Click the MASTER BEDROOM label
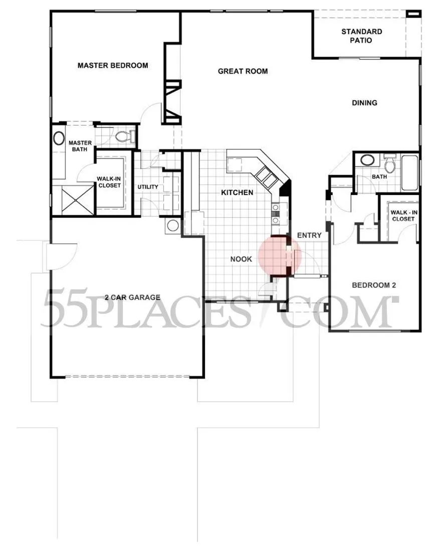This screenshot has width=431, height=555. point(113,66)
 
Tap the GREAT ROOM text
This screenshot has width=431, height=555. point(243,71)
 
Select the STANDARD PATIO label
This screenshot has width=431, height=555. point(362,36)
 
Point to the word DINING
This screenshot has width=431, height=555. point(364,103)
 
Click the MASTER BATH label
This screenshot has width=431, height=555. point(80,146)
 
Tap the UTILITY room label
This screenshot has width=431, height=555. point(148,187)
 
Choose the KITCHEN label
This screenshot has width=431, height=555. point(237,193)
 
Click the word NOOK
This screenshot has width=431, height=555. point(242,259)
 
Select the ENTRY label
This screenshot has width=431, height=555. point(309,235)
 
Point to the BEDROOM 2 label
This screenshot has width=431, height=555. point(374,285)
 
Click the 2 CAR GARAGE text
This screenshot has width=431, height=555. point(133,297)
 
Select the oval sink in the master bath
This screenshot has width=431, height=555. point(59,138)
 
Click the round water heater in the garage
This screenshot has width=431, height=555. point(173,226)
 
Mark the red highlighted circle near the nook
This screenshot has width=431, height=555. point(280,255)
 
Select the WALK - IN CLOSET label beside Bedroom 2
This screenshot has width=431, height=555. point(404,216)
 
